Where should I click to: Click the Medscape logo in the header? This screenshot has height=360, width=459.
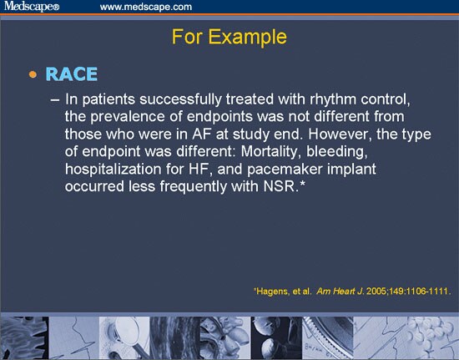(x=32, y=7)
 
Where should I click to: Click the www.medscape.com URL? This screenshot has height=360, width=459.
(x=146, y=7)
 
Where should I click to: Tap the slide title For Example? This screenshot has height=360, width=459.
(x=229, y=37)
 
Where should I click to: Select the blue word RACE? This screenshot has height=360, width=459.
(x=72, y=74)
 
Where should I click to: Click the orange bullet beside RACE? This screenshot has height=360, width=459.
(x=33, y=74)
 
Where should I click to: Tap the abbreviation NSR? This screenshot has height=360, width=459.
(x=280, y=186)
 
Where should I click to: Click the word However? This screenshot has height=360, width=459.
(x=340, y=134)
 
